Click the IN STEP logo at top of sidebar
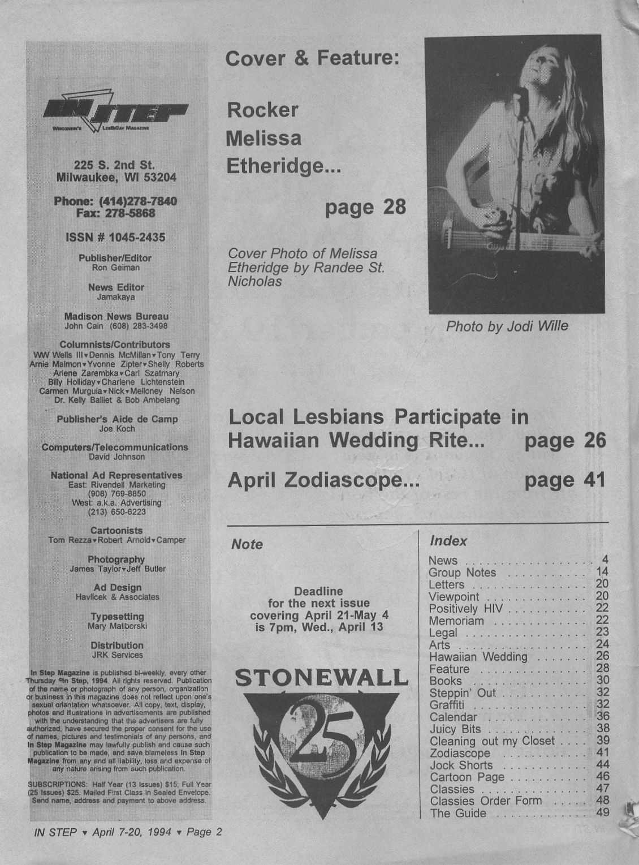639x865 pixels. (116, 112)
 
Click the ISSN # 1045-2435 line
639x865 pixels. (116, 238)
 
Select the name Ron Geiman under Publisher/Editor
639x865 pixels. (115, 268)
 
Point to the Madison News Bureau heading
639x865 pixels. (116, 316)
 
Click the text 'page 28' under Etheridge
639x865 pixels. (365, 207)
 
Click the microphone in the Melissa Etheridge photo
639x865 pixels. (521, 95)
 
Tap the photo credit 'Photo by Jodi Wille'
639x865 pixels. (507, 326)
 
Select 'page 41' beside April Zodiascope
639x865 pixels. (565, 481)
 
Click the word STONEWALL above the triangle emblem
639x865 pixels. (321, 678)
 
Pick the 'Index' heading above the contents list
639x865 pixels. (448, 541)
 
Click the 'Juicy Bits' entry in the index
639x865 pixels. (455, 729)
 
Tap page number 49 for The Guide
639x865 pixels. (602, 813)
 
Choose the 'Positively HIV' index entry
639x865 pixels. (465, 609)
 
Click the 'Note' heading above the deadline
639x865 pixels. (247, 544)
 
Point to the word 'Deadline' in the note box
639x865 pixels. (318, 591)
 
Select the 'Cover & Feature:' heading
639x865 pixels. (312, 58)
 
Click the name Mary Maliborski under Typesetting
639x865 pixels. (117, 626)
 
